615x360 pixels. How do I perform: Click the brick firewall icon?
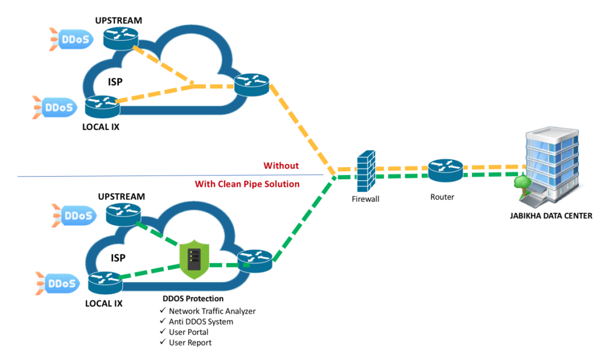[365, 171]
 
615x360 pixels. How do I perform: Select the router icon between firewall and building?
[446, 171]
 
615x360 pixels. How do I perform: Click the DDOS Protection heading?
[193, 299]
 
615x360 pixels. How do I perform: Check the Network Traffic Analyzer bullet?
[212, 311]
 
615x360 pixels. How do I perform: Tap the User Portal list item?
[189, 332]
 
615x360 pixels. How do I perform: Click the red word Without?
[281, 165]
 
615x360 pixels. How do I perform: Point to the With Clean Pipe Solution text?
[247, 184]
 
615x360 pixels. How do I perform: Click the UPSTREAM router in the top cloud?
[120, 39]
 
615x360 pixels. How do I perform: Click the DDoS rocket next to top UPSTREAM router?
[68, 40]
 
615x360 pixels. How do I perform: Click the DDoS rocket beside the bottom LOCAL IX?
[56, 283]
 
